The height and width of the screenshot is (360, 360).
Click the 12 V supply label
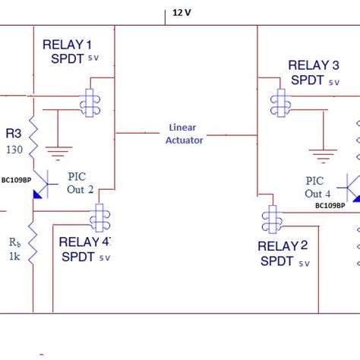tap(182, 12)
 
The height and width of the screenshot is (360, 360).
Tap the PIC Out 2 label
tap(81, 183)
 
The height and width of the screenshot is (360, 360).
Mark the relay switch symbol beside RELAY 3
tap(282, 102)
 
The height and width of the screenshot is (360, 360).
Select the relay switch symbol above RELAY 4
tap(99, 219)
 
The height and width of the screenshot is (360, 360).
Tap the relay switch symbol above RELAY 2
tap(270, 220)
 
